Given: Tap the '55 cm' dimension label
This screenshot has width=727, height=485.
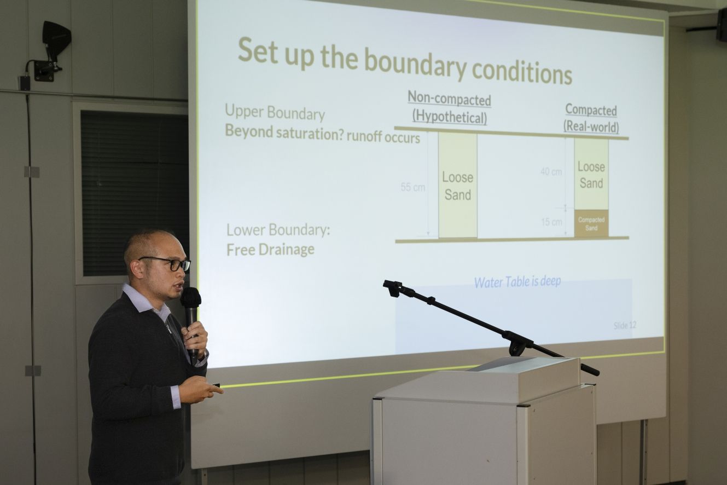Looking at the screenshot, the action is click(x=413, y=187).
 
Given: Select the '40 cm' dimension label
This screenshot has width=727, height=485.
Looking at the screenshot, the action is click(x=551, y=171).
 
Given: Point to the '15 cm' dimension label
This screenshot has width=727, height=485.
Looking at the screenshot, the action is click(x=551, y=222).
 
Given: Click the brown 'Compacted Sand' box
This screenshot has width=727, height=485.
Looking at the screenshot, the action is click(x=591, y=223).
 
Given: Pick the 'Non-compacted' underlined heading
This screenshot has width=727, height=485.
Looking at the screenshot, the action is click(x=449, y=99).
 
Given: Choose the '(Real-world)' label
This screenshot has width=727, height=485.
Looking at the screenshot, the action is click(x=591, y=126).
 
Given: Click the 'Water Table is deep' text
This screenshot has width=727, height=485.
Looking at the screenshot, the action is click(x=517, y=282).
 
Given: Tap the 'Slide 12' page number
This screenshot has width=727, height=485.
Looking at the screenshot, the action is click(x=625, y=325).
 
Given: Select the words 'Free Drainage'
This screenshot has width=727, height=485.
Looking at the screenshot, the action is click(x=270, y=250).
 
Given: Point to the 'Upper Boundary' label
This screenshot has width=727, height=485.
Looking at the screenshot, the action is click(x=275, y=112).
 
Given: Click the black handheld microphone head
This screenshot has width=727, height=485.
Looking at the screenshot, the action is click(x=190, y=298).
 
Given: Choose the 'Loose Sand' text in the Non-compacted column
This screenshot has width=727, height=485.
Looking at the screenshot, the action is click(x=458, y=186).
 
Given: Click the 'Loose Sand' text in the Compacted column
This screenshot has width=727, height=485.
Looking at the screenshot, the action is click(x=591, y=175).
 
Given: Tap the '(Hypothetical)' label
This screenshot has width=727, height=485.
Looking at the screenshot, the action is click(x=450, y=117).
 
